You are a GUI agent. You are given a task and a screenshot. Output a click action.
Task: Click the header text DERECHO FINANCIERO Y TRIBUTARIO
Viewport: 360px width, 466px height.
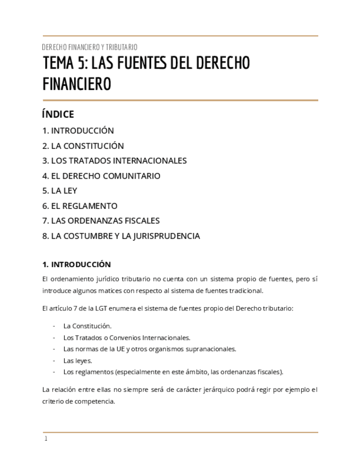click(90, 47)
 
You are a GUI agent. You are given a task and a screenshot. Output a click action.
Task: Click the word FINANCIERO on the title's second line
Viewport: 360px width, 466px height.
click(76, 84)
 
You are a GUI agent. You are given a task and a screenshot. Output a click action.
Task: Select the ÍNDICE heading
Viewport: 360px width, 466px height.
click(58, 114)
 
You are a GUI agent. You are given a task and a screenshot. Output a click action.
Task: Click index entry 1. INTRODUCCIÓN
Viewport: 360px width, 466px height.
click(78, 131)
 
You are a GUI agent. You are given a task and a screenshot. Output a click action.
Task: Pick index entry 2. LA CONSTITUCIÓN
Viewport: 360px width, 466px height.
click(83, 146)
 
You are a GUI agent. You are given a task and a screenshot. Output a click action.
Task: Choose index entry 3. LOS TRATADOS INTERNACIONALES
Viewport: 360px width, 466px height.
click(114, 161)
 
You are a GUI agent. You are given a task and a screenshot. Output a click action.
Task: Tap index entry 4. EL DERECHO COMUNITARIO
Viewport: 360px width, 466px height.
click(101, 176)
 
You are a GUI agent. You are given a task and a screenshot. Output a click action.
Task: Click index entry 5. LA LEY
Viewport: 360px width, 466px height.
click(60, 191)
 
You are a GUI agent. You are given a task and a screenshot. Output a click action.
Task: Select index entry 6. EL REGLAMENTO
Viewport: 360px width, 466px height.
click(80, 206)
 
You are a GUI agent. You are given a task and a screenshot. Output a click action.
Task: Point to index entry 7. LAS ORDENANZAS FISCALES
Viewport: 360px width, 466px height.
click(101, 221)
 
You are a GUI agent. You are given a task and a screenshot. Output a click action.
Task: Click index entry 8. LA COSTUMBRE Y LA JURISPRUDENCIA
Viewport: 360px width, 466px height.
click(121, 236)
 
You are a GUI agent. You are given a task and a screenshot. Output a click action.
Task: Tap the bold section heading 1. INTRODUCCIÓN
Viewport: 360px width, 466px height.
click(76, 264)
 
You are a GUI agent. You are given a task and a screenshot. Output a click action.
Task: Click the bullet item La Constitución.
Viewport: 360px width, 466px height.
click(87, 326)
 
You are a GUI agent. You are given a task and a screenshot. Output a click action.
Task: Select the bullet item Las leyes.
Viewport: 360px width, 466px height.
click(77, 360)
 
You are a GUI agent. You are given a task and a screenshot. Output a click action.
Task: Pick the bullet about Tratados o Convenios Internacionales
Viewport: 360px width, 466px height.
click(126, 337)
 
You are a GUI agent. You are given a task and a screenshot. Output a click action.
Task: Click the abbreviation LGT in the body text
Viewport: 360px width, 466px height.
click(94, 308)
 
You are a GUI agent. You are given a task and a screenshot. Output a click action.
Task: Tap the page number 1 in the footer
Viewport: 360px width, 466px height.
click(46, 439)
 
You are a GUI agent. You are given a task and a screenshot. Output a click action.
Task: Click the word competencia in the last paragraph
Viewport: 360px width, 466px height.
click(96, 401)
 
